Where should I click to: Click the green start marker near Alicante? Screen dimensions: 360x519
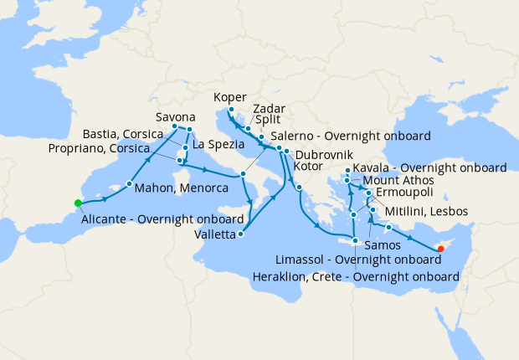coord(77,203)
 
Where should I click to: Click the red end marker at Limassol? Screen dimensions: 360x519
coord(441,249)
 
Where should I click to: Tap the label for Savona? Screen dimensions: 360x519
coord(176,116)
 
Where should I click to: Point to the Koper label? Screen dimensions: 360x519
coord(230,96)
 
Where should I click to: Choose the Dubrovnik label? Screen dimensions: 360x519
coord(323,155)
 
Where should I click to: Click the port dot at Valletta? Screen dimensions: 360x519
coord(241,234)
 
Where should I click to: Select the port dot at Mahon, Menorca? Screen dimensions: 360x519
coord(130,183)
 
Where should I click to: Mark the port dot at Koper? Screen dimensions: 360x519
coord(230,110)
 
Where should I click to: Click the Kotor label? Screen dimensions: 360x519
coord(308,167)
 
